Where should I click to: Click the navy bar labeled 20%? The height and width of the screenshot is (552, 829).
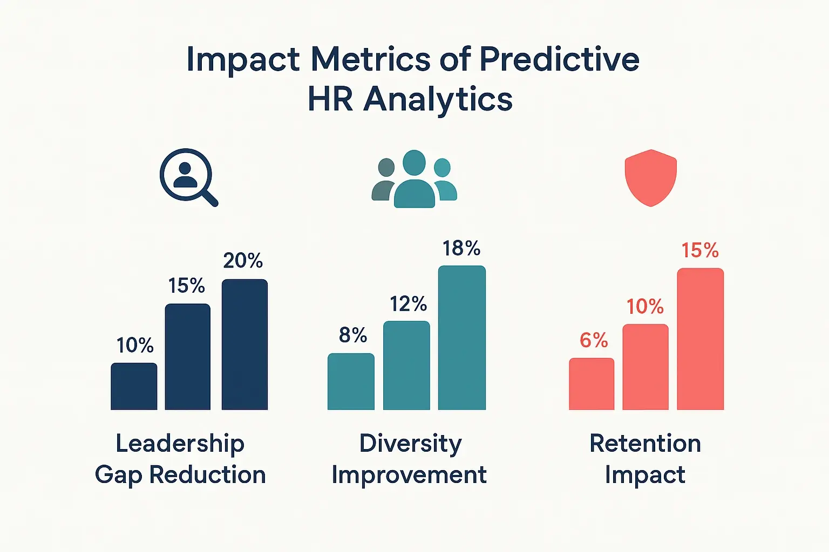point(244,345)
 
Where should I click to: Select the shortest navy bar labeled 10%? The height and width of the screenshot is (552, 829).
point(134,387)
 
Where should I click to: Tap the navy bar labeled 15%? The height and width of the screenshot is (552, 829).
point(187,357)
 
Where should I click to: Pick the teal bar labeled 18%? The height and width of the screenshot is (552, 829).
point(461,338)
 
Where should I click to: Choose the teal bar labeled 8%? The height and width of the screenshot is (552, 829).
point(351,382)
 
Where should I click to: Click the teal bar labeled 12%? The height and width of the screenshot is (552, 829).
point(406,365)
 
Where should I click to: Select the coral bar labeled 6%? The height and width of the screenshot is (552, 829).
point(592,384)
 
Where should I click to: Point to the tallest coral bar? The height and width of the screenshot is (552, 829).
point(700,339)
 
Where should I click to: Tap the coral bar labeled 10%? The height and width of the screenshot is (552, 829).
point(645,367)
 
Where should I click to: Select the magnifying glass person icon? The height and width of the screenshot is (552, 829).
point(188,177)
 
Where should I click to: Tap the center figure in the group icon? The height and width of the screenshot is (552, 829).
point(414,179)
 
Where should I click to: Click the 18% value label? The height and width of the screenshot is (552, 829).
point(461,249)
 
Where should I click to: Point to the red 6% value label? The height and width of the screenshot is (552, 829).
point(594,340)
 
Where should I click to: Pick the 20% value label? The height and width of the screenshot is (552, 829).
point(243,261)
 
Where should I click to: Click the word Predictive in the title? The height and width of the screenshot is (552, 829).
point(559,59)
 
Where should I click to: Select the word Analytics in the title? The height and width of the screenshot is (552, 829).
point(438,100)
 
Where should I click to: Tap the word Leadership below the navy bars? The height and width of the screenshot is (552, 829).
point(180,444)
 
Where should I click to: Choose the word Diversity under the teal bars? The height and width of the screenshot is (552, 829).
point(410,444)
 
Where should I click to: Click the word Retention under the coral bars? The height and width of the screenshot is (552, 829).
point(645,444)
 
